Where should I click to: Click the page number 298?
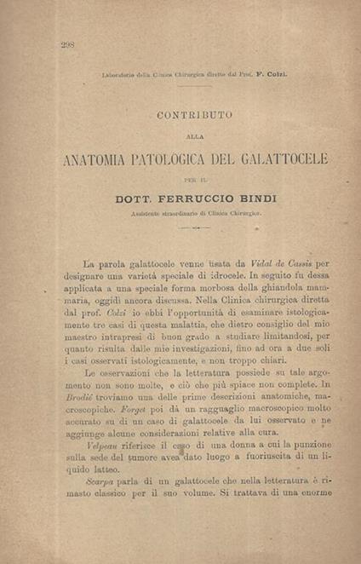click(x=68, y=45)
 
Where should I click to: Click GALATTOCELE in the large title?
click(x=276, y=159)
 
